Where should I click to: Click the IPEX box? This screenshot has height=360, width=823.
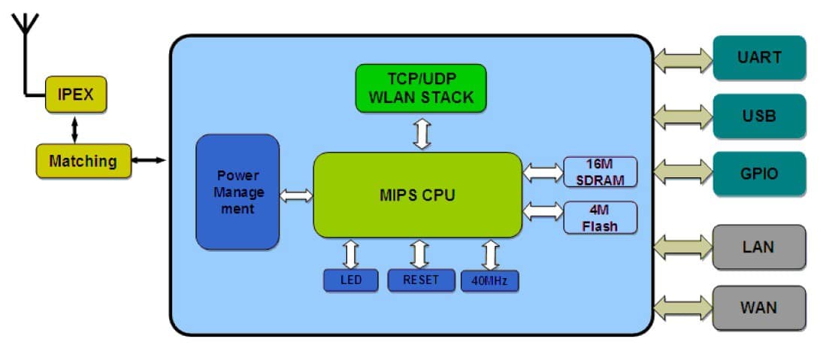pyautogui.click(x=76, y=95)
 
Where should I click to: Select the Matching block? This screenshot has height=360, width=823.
pyautogui.click(x=83, y=161)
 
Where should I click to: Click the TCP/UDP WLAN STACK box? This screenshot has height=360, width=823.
pyautogui.click(x=420, y=88)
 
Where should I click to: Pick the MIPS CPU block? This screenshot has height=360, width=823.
pyautogui.click(x=417, y=195)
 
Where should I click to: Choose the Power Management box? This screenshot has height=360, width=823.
pyautogui.click(x=238, y=192)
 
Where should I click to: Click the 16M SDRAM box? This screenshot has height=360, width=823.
pyautogui.click(x=601, y=172)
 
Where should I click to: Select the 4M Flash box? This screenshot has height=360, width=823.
pyautogui.click(x=601, y=217)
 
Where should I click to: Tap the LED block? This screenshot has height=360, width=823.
pyautogui.click(x=350, y=280)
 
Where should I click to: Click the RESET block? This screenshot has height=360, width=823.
pyautogui.click(x=421, y=280)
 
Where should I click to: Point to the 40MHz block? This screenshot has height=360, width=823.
pyautogui.click(x=490, y=281)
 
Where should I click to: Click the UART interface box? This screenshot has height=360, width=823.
pyautogui.click(x=759, y=58)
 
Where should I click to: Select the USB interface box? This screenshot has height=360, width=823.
pyautogui.click(x=759, y=116)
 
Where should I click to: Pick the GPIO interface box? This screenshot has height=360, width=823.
pyautogui.click(x=759, y=174)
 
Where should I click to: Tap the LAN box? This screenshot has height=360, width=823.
pyautogui.click(x=759, y=247)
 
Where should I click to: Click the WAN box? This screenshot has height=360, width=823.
pyautogui.click(x=759, y=307)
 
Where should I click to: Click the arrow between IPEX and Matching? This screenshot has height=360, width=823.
pyautogui.click(x=74, y=129)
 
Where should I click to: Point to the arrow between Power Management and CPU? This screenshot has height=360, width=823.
pyautogui.click(x=296, y=195)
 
